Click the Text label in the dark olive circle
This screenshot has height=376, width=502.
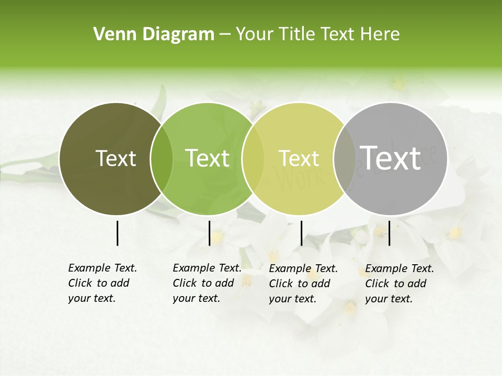click(x=116, y=158)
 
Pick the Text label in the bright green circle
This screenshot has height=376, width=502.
click(x=207, y=158)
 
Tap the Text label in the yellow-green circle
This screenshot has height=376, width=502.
click(x=299, y=158)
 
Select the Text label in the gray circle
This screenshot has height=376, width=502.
click(x=390, y=158)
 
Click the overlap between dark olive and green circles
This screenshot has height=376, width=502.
click(x=162, y=158)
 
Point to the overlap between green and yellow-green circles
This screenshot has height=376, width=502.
click(x=253, y=158)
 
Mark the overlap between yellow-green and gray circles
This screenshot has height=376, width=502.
click(x=344, y=158)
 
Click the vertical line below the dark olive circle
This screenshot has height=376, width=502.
click(x=117, y=233)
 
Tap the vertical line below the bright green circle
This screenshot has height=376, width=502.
click(x=209, y=233)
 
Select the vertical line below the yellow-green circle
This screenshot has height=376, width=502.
click(x=301, y=233)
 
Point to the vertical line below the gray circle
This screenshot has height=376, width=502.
click(x=390, y=233)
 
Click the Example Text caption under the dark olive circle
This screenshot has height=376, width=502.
click(x=102, y=283)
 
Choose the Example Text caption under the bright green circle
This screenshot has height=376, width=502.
click(x=207, y=283)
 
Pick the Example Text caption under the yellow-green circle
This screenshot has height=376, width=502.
click(x=303, y=284)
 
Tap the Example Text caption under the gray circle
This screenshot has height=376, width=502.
click(x=400, y=284)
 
